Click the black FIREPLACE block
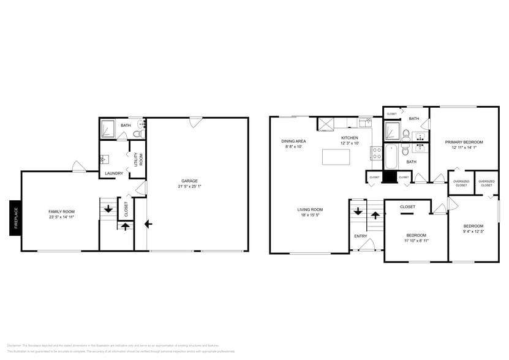coord(15,217)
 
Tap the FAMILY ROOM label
coord(61,211)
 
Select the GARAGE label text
coord(189,181)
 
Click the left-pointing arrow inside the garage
coord(148,224)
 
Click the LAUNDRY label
coord(114,173)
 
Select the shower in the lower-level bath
coord(108,129)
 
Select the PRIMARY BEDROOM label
coord(464,142)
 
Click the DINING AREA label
coord(294,141)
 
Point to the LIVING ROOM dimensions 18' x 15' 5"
coord(311,215)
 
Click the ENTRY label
coord(360,236)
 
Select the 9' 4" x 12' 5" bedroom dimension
coord(473,231)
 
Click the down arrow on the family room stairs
coord(108,209)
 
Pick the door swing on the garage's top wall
coord(195,122)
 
